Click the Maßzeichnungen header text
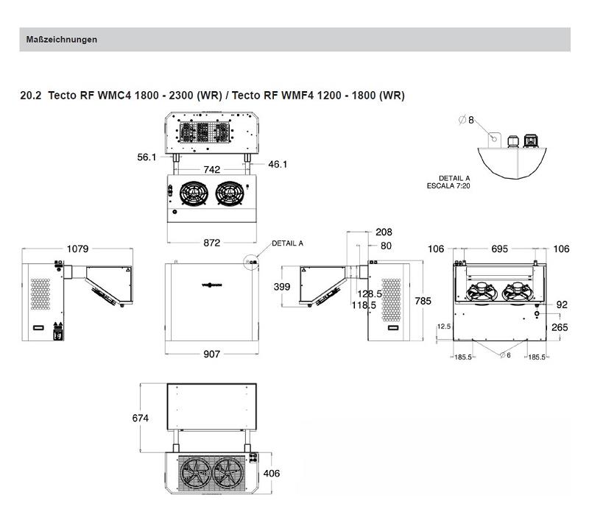click(61, 40)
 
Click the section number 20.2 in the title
click(31, 96)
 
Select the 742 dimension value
click(211, 170)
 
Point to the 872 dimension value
click(211, 243)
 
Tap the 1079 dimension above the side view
click(77, 249)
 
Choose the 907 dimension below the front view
click(211, 354)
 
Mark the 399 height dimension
click(282, 287)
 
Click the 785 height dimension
click(423, 301)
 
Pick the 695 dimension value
click(499, 249)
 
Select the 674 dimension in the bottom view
click(140, 418)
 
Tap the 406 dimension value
click(271, 474)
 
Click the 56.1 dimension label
click(147, 157)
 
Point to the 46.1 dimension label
click(277, 164)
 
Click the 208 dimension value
click(384, 232)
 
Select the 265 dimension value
click(560, 327)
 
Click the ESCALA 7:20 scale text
click(448, 185)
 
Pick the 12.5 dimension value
click(443, 326)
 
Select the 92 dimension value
click(562, 304)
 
